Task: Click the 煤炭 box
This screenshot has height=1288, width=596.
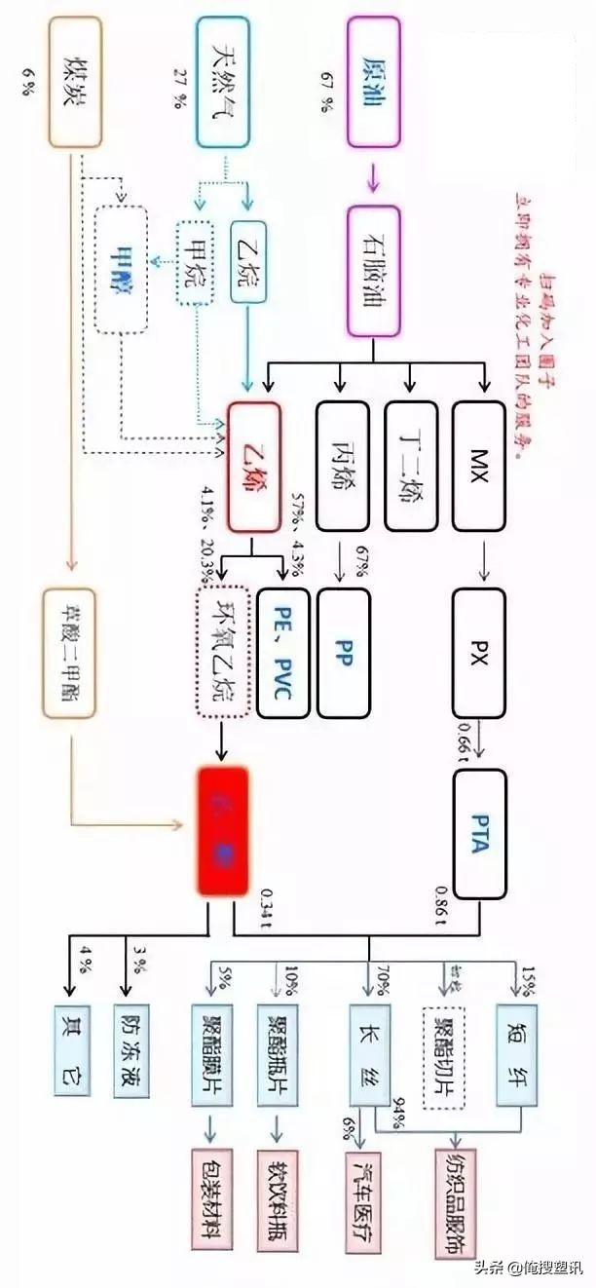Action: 75,82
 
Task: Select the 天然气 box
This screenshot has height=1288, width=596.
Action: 226,82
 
